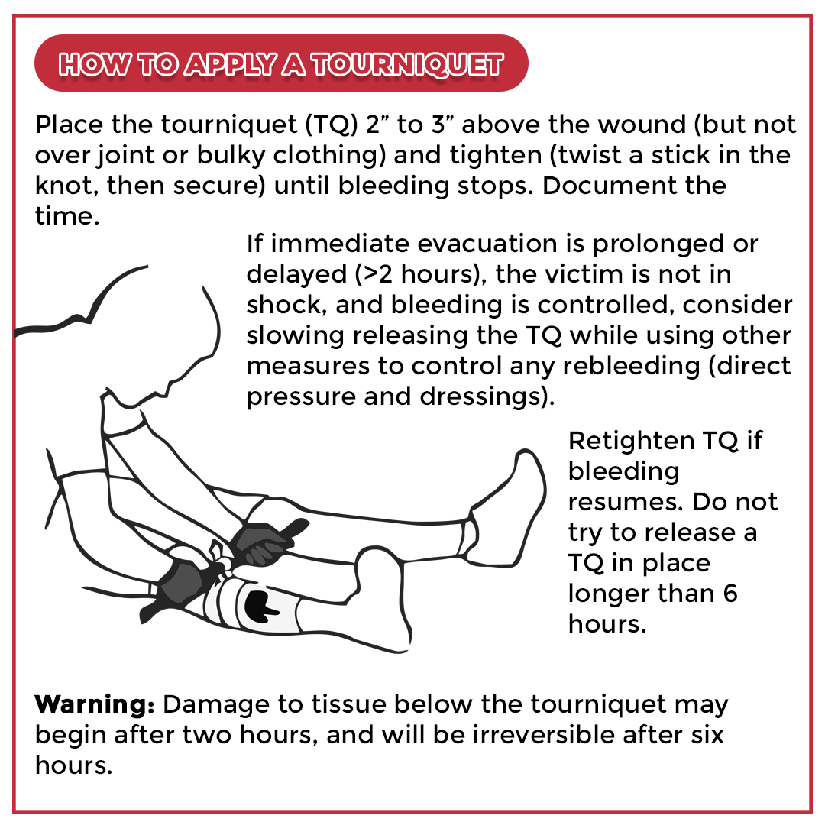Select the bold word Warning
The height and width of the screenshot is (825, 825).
point(95,704)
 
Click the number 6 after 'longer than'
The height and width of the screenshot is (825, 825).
point(730,594)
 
